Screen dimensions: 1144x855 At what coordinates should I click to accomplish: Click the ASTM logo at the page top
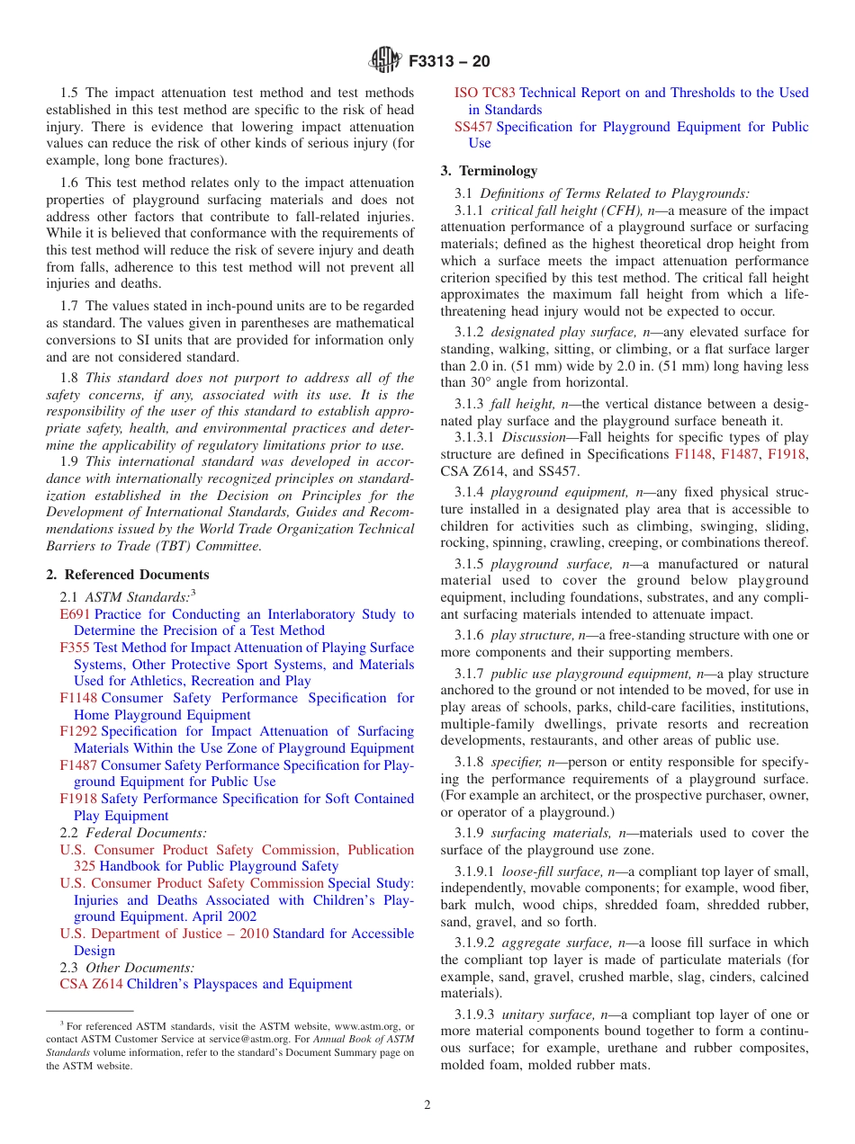click(385, 60)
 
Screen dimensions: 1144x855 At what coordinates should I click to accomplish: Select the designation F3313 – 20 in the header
click(449, 61)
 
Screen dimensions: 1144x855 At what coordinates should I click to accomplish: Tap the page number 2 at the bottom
click(427, 1104)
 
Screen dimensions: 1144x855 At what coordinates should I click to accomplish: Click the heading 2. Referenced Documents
click(128, 575)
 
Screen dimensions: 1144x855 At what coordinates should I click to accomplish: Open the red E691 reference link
click(75, 614)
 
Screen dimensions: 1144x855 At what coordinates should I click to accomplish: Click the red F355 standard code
click(75, 648)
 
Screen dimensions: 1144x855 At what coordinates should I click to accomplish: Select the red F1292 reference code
click(78, 732)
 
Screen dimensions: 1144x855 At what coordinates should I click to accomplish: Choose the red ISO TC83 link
click(485, 93)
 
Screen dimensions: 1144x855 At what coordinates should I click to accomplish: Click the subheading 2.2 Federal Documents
click(132, 833)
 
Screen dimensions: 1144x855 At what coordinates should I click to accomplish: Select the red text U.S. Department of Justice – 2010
click(164, 934)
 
